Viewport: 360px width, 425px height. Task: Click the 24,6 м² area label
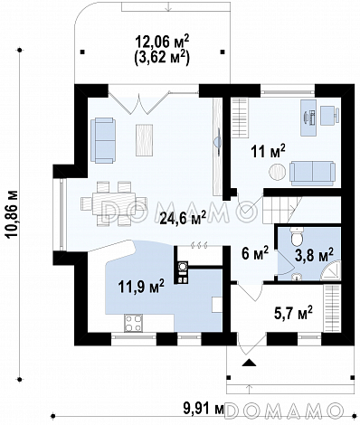coord(183,218)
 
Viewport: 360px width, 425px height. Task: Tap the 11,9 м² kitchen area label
coord(141,286)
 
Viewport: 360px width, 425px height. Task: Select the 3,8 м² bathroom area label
coord(315,256)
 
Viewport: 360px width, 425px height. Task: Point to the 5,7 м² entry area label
coord(293,314)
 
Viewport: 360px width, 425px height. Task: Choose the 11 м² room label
coord(268,151)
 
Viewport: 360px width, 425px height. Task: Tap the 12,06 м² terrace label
coord(162,42)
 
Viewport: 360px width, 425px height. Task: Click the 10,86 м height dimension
coord(13,214)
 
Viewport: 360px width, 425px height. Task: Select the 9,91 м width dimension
coord(204,409)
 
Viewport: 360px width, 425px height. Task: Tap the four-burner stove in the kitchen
coord(133,323)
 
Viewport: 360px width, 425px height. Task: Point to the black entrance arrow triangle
coord(249,363)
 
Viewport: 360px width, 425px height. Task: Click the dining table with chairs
coord(114,203)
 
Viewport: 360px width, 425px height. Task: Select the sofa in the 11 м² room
coord(312,174)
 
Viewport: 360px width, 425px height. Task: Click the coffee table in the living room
coord(144,140)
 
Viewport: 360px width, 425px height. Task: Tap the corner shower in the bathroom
coord(330,271)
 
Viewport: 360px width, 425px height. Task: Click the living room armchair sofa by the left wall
coord(103,140)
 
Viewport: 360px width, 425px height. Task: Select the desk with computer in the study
coord(308,118)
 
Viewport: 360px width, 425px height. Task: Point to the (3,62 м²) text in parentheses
coord(162,57)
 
